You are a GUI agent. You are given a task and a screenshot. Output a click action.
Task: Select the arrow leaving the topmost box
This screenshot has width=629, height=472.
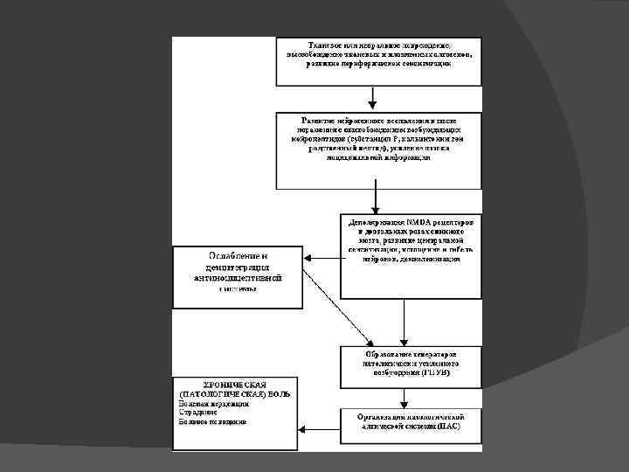[x=376, y=98]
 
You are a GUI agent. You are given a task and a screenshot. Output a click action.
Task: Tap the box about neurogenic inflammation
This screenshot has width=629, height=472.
[x=378, y=149]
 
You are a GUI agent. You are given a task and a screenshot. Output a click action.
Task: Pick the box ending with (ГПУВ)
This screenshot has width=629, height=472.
[x=410, y=367]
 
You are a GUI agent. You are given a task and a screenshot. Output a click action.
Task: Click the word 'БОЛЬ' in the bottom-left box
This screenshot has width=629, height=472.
[x=279, y=394]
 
